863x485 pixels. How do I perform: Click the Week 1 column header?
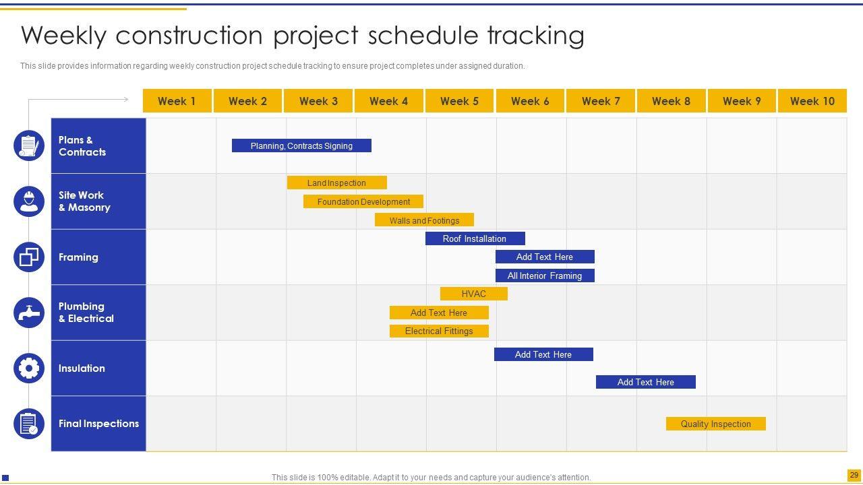pyautogui.click(x=177, y=101)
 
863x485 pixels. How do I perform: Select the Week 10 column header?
pyautogui.click(x=812, y=101)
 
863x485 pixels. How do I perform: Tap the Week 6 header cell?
pyautogui.click(x=530, y=101)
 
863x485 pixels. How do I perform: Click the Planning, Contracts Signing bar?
pyautogui.click(x=301, y=145)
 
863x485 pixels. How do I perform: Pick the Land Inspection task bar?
pyautogui.click(x=337, y=183)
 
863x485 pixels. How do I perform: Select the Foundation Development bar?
pyautogui.click(x=363, y=201)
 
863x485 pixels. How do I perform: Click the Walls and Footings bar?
pyautogui.click(x=424, y=220)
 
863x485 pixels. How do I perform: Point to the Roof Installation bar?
pyautogui.click(x=475, y=238)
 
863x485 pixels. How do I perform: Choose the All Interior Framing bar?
pyautogui.click(x=545, y=276)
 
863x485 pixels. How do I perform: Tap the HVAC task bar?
pyautogui.click(x=474, y=294)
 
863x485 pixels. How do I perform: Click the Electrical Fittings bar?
pyautogui.click(x=439, y=331)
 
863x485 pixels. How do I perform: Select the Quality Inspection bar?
pyautogui.click(x=716, y=424)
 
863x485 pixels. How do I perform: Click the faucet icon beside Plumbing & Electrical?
pyautogui.click(x=29, y=313)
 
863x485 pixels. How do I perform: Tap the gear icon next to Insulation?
pyautogui.click(x=29, y=368)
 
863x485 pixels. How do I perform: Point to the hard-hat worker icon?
pyautogui.click(x=29, y=201)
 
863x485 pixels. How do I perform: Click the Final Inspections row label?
pyautogui.click(x=98, y=424)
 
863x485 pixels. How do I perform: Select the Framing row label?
pyautogui.click(x=78, y=257)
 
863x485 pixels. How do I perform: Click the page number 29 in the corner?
pyautogui.click(x=854, y=475)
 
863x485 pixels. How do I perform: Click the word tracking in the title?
pyautogui.click(x=536, y=36)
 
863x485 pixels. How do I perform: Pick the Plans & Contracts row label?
pyautogui.click(x=82, y=146)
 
